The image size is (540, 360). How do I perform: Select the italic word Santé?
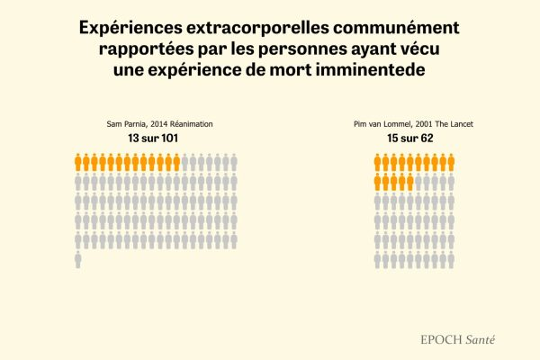point(481,340)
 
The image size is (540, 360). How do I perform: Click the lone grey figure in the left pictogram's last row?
point(78,259)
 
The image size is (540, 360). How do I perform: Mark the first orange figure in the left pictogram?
point(78,162)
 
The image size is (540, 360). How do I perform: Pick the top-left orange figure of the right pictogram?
point(378,162)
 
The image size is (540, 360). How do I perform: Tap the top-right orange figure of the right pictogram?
point(451,162)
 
